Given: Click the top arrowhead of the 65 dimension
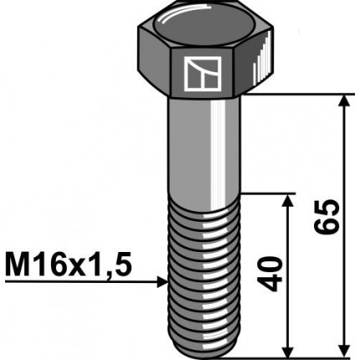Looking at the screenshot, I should coord(342,103).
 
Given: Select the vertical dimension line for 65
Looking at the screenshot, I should coord(342,167).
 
